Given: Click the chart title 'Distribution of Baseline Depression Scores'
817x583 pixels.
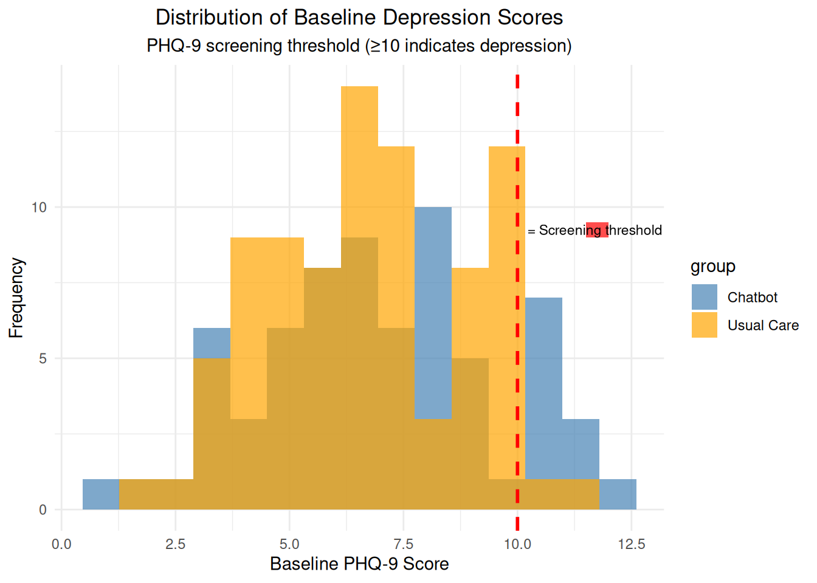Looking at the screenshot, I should pos(359,18).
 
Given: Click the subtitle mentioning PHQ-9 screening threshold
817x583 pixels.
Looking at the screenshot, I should pos(359,46).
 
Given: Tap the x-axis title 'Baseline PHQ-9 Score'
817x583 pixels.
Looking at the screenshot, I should pos(359,564).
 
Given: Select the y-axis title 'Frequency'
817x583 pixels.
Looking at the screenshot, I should pos(16,298).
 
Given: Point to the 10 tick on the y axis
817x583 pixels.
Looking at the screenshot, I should pos(39,208).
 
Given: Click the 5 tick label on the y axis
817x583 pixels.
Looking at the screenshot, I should pos(43,359).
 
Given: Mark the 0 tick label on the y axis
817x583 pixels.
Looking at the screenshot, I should pos(43,510).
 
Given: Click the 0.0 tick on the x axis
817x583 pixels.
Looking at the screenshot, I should pos(61,544).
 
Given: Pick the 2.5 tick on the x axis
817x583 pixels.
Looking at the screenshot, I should pos(175,544).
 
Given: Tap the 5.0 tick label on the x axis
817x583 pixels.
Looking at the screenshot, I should pos(289,544).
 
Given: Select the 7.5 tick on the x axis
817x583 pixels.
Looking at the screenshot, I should pos(404,544).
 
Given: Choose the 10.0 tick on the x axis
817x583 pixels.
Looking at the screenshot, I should pos(517,544).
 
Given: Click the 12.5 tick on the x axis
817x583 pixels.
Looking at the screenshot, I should pos(632,544).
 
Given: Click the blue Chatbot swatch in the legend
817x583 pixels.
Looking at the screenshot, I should pos(704,297).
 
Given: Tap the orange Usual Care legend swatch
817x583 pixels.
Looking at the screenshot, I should pos(704,325).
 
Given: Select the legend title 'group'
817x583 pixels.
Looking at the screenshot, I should pos(712,267).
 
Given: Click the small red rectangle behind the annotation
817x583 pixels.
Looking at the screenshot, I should pos(597,230).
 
